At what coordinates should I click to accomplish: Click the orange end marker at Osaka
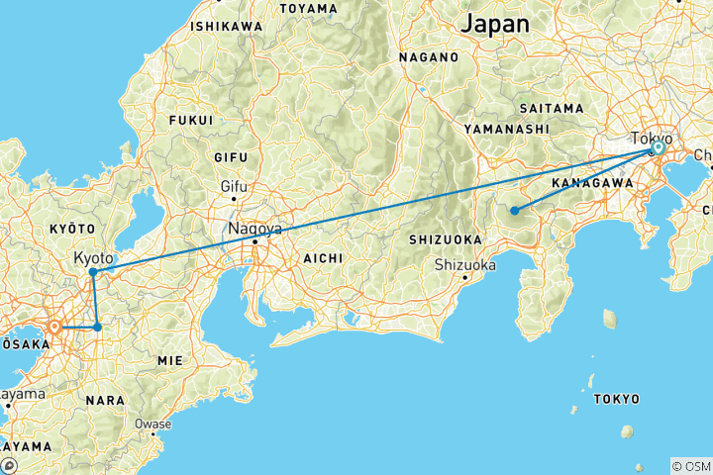click(55, 327)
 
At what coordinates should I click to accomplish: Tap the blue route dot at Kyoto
click(92, 272)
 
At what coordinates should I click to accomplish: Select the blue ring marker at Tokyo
click(657, 148)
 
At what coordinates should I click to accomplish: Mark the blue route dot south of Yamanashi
click(514, 210)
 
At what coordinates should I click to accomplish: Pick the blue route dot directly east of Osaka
click(97, 327)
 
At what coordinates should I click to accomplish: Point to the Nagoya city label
click(256, 229)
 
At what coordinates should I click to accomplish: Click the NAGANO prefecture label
click(429, 57)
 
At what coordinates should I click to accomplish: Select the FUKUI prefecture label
click(191, 120)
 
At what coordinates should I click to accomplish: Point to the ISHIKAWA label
click(227, 25)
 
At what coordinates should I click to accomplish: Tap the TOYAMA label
click(309, 8)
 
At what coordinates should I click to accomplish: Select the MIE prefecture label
click(170, 361)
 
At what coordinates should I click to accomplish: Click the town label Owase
click(153, 424)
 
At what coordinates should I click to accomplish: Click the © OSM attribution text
click(690, 465)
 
